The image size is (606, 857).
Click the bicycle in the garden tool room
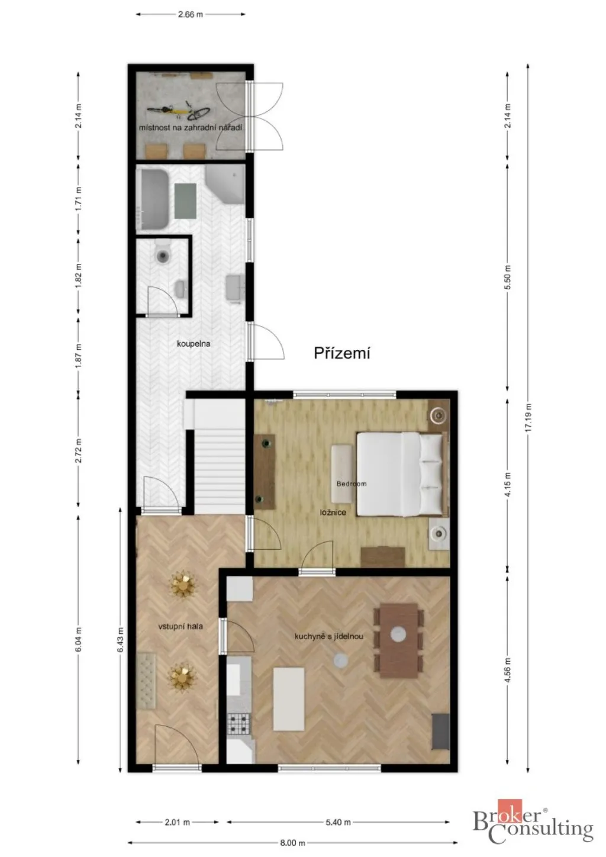[x=178, y=111]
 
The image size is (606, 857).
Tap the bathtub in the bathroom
[x=153, y=198]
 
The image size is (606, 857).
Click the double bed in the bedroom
[x=402, y=474]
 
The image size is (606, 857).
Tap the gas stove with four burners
[x=239, y=723]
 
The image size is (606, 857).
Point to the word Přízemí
[x=342, y=353]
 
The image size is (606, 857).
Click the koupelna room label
[x=194, y=343]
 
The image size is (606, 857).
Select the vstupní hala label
[x=180, y=627]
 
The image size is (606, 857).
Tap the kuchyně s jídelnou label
[x=328, y=636]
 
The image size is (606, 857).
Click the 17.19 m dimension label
[x=528, y=418]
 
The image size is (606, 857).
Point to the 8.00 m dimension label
[x=292, y=842]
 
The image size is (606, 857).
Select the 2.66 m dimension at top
[x=190, y=15]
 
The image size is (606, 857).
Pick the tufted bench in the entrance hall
[x=146, y=681]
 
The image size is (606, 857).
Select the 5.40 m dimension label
[x=338, y=822]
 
